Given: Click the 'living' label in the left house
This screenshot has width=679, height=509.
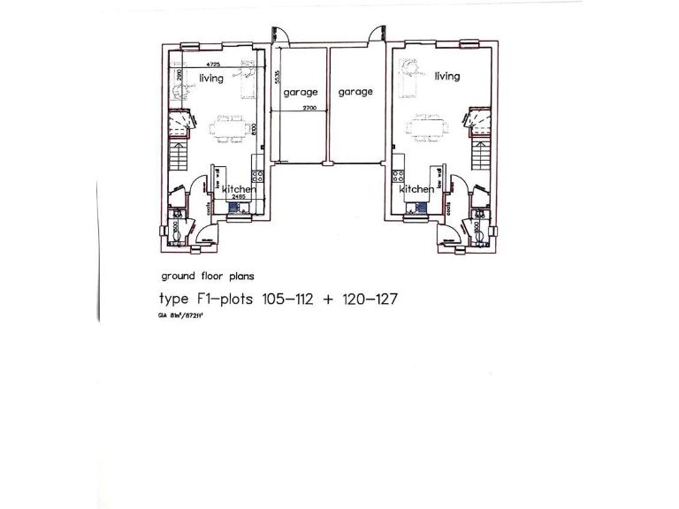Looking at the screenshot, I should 211,79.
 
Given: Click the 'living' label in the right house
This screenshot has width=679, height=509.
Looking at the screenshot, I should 447,76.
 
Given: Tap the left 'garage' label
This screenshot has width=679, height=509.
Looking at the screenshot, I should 301,92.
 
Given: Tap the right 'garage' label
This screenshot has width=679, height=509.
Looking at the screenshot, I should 355,92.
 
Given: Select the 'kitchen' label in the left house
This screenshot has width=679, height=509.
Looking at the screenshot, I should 239,189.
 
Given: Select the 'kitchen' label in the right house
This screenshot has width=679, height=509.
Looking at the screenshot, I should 416,189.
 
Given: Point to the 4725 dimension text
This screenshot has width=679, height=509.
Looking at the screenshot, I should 213,66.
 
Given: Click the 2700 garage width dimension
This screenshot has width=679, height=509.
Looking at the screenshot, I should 297,108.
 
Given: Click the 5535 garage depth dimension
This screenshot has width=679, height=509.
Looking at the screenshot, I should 277,78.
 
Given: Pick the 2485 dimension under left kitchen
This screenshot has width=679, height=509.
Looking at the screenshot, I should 238,197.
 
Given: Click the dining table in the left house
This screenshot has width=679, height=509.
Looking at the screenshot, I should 227,128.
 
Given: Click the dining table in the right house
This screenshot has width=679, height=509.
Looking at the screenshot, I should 427,128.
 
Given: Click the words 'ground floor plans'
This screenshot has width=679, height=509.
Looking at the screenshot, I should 207,277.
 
